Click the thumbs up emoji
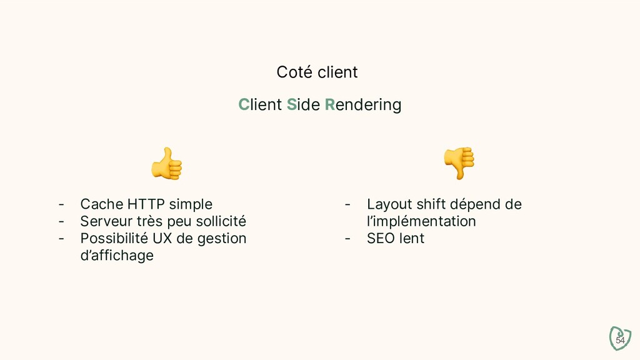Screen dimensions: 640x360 click(167, 164)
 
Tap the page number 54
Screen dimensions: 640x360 click(620, 340)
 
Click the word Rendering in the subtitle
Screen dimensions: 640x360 click(363, 105)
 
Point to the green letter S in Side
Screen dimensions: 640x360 click(291, 105)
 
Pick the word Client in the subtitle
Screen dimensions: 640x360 click(260, 105)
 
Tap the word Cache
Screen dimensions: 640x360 click(102, 204)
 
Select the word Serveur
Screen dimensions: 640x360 click(106, 221)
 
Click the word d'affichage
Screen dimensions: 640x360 click(117, 256)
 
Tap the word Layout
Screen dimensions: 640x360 click(389, 204)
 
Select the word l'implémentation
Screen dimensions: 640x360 click(421, 221)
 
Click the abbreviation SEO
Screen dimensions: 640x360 click(381, 239)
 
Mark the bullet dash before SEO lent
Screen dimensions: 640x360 click(347, 239)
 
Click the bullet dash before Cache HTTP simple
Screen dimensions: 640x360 click(61, 204)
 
